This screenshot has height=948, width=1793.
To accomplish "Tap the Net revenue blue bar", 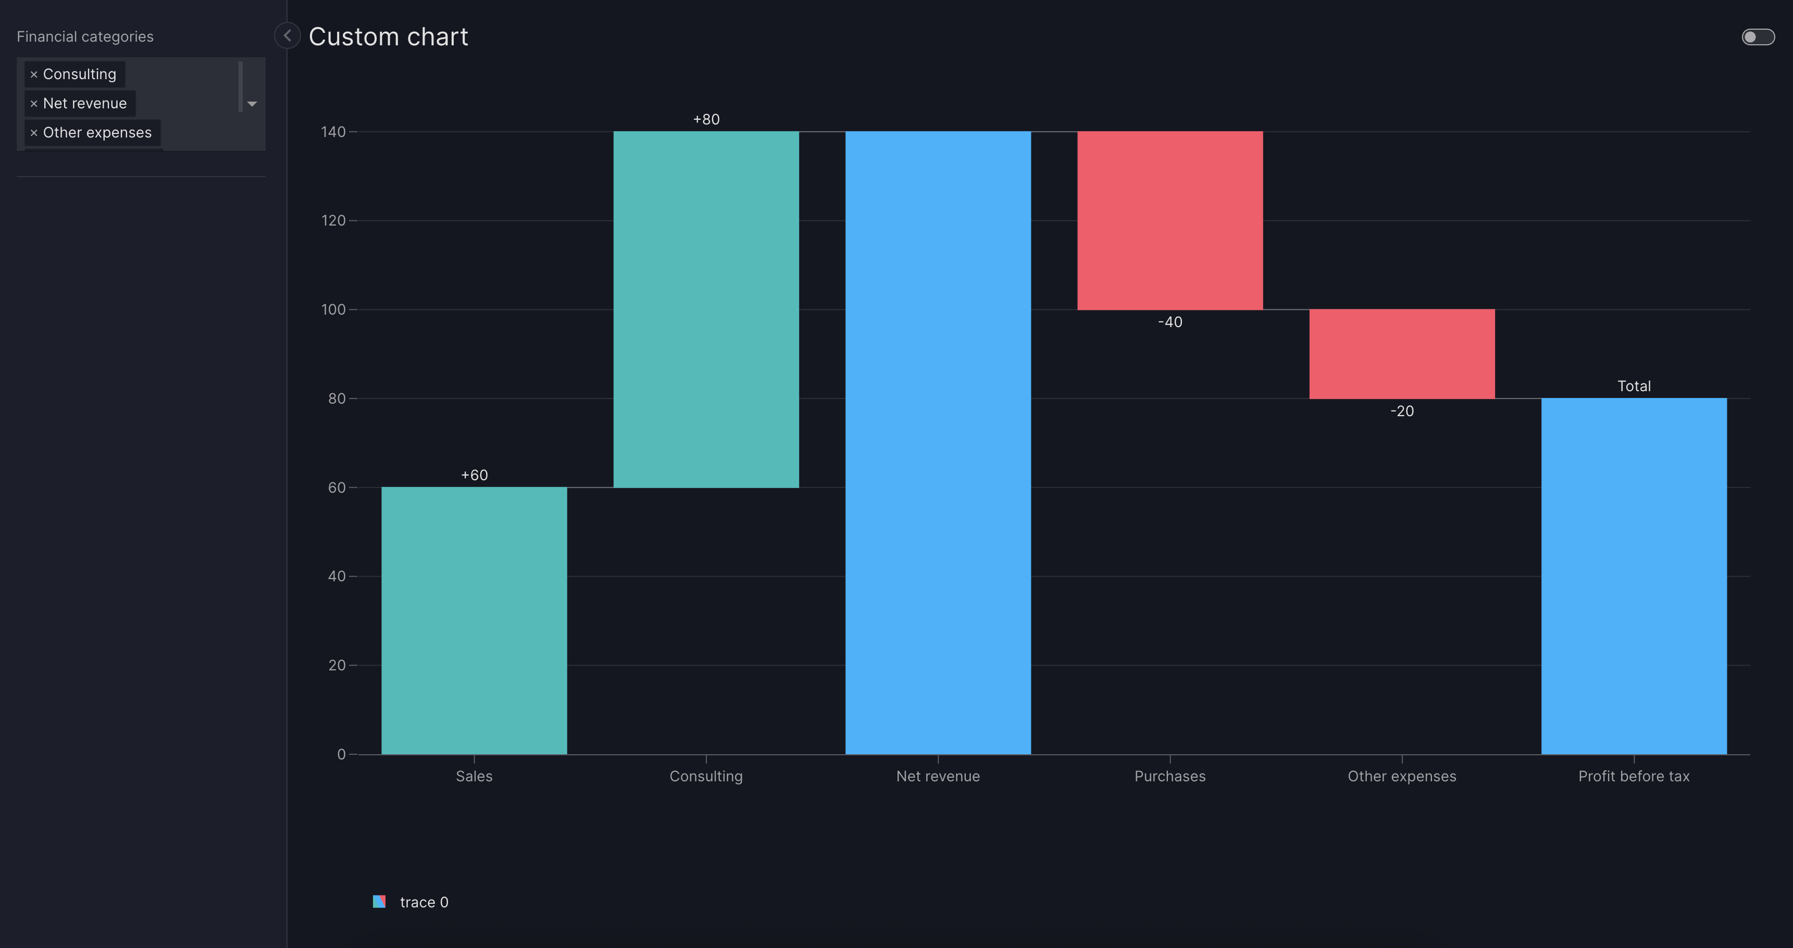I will coord(938,443).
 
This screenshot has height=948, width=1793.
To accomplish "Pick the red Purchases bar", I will coord(1169,220).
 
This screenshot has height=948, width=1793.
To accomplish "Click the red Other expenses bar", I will coord(1402,354).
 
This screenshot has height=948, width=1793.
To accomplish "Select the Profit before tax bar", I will coord(1634,576).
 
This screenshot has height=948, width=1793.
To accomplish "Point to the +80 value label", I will coord(706,119).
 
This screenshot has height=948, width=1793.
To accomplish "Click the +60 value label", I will coord(474,475).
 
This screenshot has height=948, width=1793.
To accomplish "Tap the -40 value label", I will coord(1169,321).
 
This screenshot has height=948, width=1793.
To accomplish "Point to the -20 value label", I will coord(1402,410).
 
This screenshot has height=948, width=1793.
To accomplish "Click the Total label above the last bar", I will coord(1634,385).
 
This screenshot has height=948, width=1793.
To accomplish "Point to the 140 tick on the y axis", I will coord(333,132).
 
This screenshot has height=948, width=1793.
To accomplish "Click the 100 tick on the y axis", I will coord(333,309).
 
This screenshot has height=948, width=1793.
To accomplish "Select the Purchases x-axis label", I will coord(1169,776).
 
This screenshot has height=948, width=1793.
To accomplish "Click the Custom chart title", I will coord(388,36).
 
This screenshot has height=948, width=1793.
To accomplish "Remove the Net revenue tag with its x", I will coord(33,104).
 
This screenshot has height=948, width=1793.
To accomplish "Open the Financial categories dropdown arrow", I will coord(252,104).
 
